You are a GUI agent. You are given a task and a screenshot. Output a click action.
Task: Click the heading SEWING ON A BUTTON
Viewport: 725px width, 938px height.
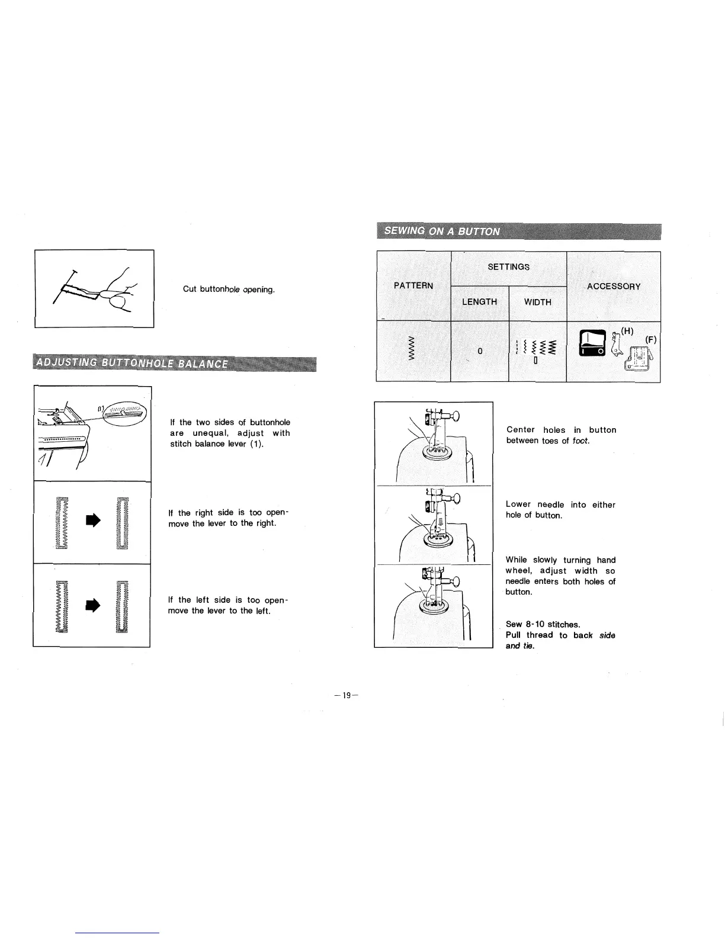(x=441, y=231)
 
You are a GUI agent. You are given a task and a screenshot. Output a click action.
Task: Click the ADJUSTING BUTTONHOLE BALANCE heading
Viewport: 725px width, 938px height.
(x=131, y=363)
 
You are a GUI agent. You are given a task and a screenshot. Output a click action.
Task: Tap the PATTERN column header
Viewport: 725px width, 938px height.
(x=413, y=285)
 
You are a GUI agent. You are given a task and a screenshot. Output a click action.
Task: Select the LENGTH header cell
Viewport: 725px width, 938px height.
(x=479, y=302)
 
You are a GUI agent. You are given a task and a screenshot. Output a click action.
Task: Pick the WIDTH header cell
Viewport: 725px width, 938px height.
(x=537, y=302)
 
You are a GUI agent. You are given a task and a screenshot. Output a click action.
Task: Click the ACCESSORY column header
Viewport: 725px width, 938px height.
(x=614, y=286)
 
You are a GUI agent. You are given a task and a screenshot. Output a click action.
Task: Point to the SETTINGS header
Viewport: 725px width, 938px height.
(x=508, y=266)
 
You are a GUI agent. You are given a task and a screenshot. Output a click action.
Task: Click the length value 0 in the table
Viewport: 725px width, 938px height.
(x=480, y=351)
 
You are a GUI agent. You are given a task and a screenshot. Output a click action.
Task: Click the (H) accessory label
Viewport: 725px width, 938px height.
(x=627, y=331)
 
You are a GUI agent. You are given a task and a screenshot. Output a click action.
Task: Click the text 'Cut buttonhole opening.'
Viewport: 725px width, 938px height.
(x=229, y=289)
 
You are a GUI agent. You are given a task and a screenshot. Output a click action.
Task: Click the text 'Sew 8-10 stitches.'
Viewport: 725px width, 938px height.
(x=543, y=624)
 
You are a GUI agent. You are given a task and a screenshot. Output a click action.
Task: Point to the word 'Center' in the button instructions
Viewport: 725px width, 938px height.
(x=521, y=430)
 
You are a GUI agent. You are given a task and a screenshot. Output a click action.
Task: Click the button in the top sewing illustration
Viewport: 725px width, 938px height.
(x=436, y=452)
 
